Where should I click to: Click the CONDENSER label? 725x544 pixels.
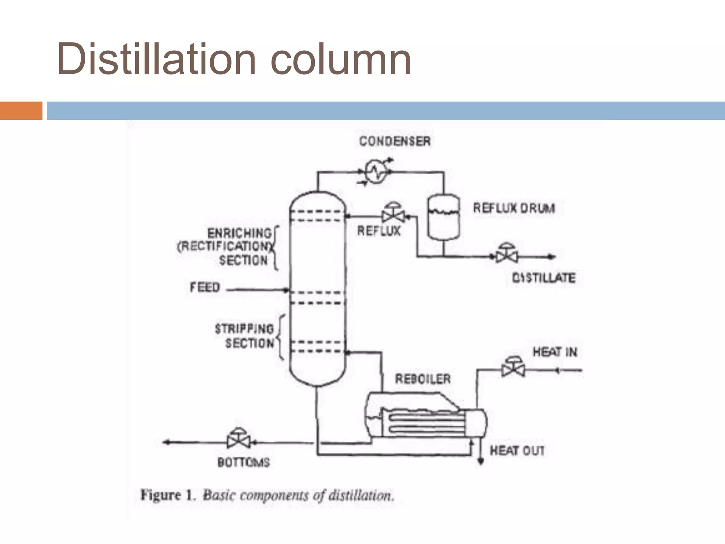(x=395, y=141)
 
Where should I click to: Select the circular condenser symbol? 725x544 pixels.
(x=376, y=172)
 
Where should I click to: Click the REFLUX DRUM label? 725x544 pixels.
(x=514, y=208)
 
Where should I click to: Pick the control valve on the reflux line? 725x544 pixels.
(x=393, y=214)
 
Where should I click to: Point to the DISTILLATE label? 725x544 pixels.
(x=544, y=278)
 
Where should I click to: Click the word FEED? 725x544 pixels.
(x=205, y=287)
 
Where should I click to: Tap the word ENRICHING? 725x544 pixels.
(x=239, y=233)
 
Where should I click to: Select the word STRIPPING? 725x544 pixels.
(x=244, y=329)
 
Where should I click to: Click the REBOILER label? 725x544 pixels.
(x=423, y=379)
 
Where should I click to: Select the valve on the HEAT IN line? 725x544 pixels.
(x=513, y=368)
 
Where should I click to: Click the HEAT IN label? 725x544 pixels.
(x=555, y=352)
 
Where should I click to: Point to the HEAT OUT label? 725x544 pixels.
(x=517, y=450)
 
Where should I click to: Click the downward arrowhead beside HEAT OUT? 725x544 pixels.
(x=480, y=461)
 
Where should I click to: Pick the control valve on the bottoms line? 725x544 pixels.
(x=238, y=440)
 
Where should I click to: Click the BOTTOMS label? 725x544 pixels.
(x=244, y=462)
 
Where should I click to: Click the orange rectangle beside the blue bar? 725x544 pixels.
(x=21, y=110)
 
